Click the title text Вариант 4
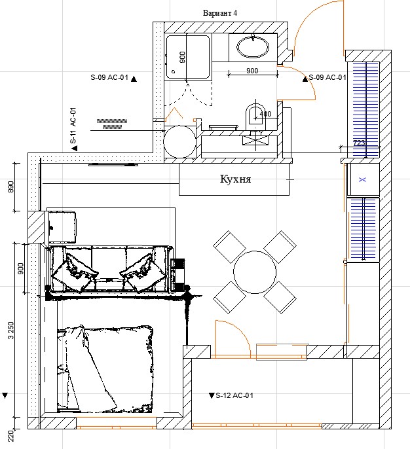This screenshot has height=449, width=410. tap(220, 13)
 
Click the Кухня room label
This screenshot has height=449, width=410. tap(236, 179)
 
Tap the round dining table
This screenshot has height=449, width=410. tap(255, 272)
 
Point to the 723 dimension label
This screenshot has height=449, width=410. tap(359, 143)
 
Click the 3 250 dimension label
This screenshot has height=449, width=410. tap(11, 331)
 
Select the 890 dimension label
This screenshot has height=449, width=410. tap(11, 187)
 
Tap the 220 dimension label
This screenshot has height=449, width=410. tap(11, 436)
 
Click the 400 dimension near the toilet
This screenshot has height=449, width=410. tap(265, 114)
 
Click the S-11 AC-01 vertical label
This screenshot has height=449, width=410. tap(73, 126)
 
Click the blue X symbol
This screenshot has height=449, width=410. tap(362, 179)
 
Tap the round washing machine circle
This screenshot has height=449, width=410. tap(179, 142)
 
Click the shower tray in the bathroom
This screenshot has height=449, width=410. tap(187, 56)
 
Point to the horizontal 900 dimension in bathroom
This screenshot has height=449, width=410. tap(252, 71)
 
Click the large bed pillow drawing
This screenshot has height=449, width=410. tap(105, 369)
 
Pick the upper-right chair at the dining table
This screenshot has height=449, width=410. tap(280, 247)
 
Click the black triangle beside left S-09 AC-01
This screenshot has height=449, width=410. tap(134, 79)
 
